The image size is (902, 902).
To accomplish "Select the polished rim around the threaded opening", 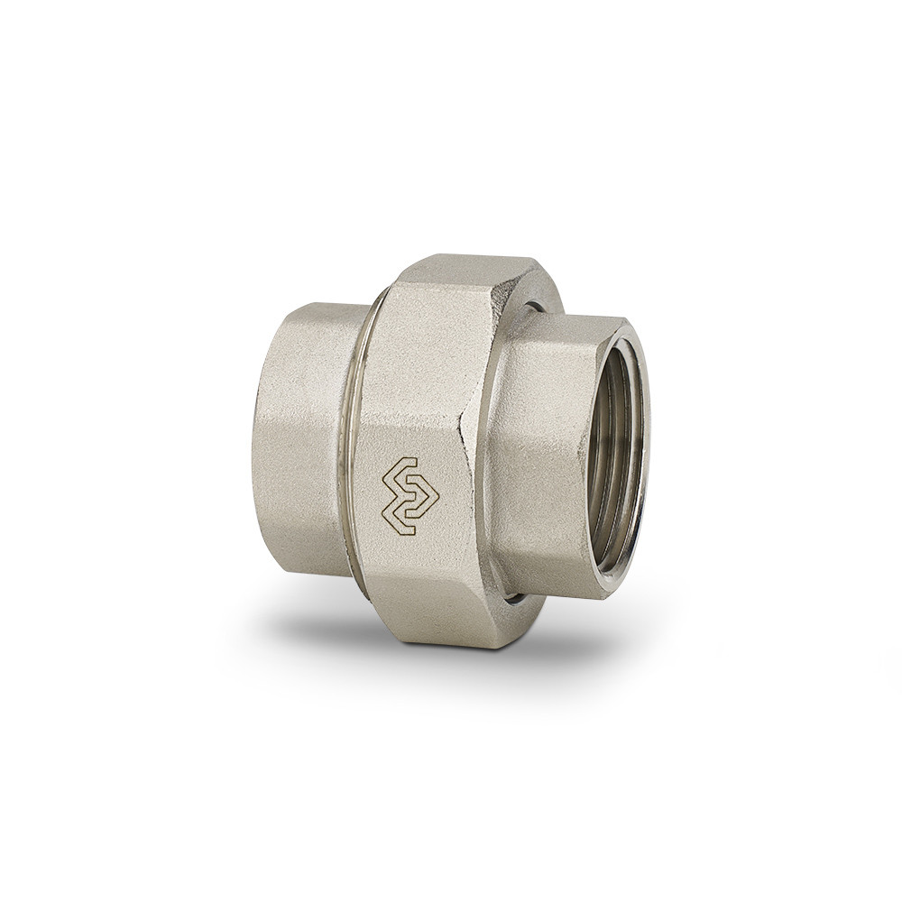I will coord(639,451).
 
